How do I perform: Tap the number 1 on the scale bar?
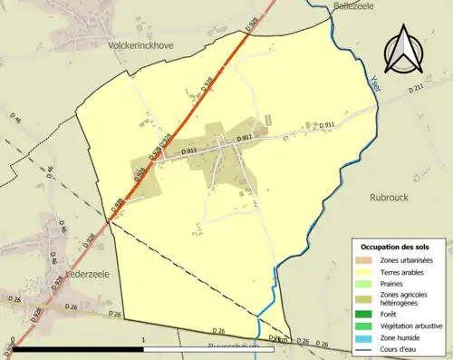(x=143, y=341)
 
